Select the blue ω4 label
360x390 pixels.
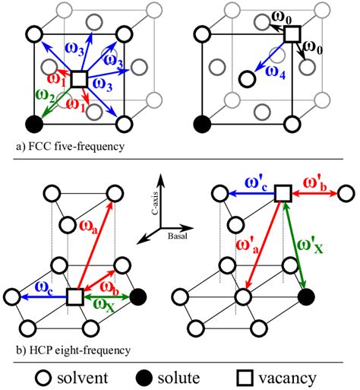pos(270,71)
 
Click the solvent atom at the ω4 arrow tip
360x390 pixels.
pos(246,78)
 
